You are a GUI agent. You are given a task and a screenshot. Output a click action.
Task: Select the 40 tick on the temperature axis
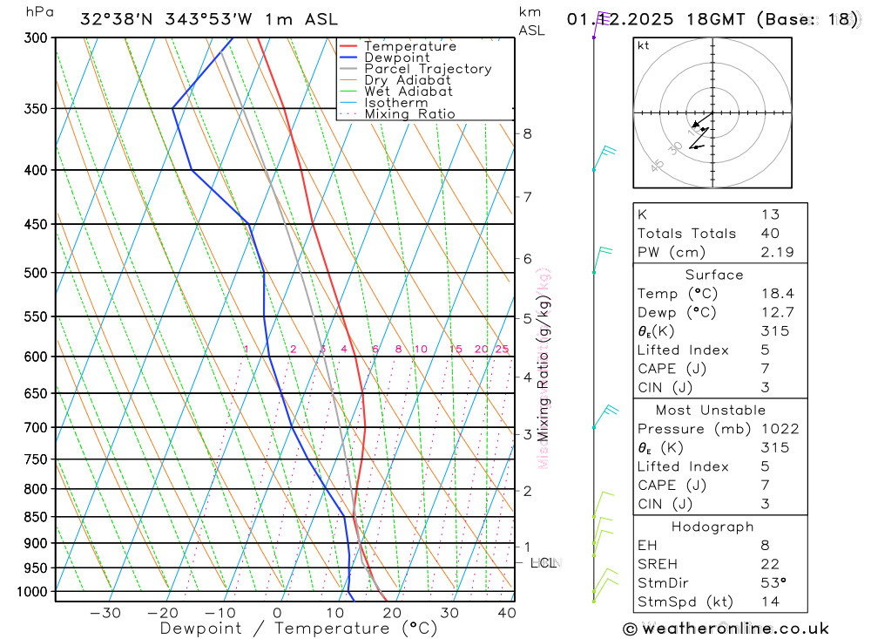click(x=506, y=613)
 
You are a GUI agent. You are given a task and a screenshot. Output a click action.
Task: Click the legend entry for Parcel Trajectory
click(x=428, y=69)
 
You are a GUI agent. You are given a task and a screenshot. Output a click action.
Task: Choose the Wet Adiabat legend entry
click(x=408, y=92)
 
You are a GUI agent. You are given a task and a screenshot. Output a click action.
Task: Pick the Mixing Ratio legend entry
click(x=409, y=114)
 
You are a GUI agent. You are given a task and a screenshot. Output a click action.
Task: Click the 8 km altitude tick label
click(x=527, y=133)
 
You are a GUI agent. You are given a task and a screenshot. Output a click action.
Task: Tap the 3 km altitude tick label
click(x=527, y=434)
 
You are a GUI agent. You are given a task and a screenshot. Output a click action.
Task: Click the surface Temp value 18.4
click(x=777, y=294)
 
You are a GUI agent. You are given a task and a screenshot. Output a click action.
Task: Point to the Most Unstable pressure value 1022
click(x=779, y=429)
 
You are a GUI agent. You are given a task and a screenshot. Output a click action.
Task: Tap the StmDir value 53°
click(x=773, y=583)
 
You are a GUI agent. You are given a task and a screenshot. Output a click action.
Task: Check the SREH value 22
click(x=769, y=564)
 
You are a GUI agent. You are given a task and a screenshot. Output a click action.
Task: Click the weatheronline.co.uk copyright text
click(x=726, y=629)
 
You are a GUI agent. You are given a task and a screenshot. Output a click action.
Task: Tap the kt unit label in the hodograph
click(x=644, y=46)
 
